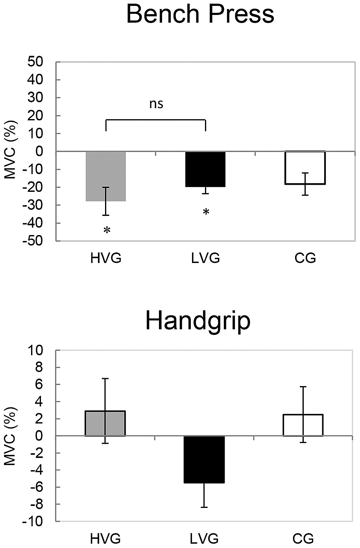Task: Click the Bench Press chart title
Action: click(x=201, y=15)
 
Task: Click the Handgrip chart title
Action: click(x=198, y=321)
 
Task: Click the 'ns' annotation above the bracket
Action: click(x=156, y=104)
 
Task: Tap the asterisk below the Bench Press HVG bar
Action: click(x=107, y=231)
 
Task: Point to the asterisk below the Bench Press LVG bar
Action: click(x=206, y=213)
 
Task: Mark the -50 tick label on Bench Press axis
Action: click(x=40, y=241)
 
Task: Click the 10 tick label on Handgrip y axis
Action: click(x=42, y=350)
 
